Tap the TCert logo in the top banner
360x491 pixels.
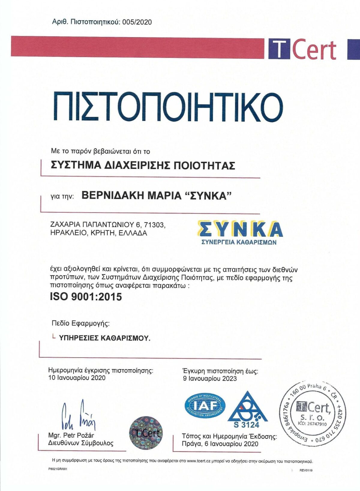point(302,49)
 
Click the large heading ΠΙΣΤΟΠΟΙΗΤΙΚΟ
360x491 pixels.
point(168,107)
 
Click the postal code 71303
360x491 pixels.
point(154,224)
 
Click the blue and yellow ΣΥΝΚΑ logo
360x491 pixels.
point(240,229)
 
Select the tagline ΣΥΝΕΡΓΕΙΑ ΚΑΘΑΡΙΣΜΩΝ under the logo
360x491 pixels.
point(239,242)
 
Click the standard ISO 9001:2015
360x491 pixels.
point(86,297)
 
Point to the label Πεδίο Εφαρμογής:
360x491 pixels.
point(81,323)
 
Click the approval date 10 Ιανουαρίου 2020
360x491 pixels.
point(77,378)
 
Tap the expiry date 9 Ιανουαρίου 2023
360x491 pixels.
point(210,379)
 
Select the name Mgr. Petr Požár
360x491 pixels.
point(71,435)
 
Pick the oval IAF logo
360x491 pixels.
point(205,406)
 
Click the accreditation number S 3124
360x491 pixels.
point(246,425)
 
